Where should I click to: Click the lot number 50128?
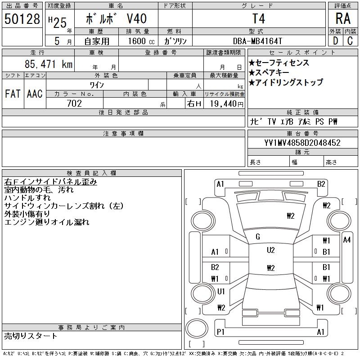[x=22, y=19]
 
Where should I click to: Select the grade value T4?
[x=259, y=19]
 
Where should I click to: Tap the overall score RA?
[x=343, y=19]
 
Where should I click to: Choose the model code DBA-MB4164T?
[x=259, y=41]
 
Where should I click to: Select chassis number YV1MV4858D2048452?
[x=302, y=143]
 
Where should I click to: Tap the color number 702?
[x=74, y=103]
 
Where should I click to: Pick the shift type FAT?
[x=13, y=94]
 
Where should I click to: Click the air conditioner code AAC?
[x=34, y=94]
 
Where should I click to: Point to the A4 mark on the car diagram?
[x=346, y=240]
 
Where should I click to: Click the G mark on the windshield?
[x=258, y=237]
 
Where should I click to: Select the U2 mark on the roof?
[x=270, y=250]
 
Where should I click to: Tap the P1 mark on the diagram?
[x=220, y=332]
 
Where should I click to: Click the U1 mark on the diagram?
[x=221, y=292]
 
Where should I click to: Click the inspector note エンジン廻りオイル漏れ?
[x=47, y=222]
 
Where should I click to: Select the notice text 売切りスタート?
[x=31, y=336]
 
